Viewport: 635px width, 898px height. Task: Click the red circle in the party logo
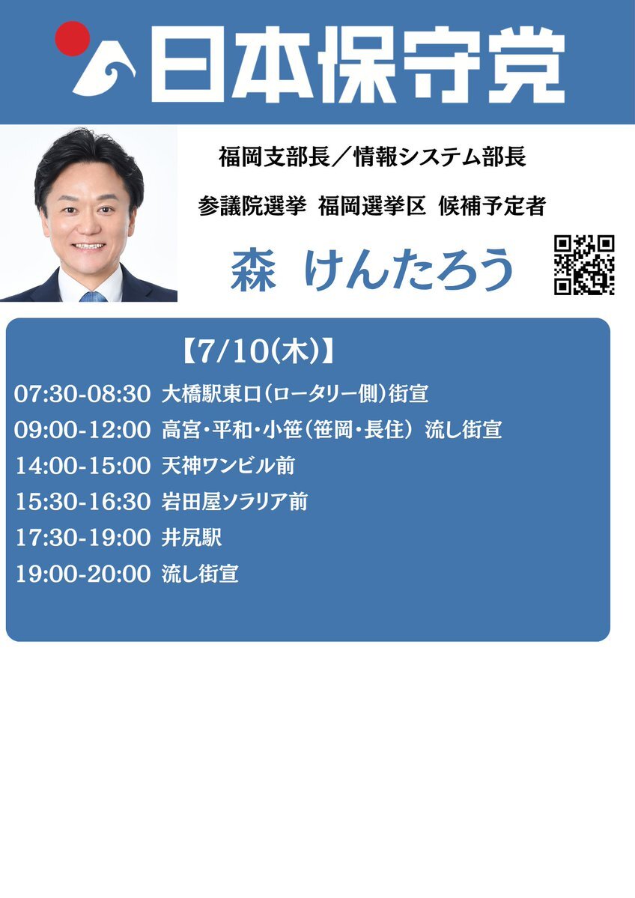coord(72,38)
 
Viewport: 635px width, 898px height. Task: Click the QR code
coord(584,264)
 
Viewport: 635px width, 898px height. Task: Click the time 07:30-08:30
coord(82,394)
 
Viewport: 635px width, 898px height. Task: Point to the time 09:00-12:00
coord(82,430)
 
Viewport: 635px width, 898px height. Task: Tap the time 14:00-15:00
coord(82,466)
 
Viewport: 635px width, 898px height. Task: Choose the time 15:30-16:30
coord(82,502)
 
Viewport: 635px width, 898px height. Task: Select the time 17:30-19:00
coord(82,538)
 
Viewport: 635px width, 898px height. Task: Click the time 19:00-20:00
coord(82,574)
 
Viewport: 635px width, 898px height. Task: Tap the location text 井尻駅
coord(191,538)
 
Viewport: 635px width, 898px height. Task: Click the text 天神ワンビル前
coord(228,466)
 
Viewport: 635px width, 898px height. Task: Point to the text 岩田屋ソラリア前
coord(235,502)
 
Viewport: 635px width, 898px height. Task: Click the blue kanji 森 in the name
coord(253,270)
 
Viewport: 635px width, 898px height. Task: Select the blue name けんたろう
coord(408,269)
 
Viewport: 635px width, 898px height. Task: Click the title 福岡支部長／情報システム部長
coord(372,157)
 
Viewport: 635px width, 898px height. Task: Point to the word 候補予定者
coord(492,206)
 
